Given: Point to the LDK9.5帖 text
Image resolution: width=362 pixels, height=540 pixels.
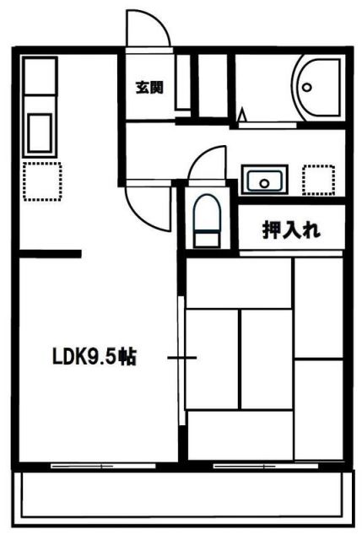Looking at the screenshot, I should tap(92, 357).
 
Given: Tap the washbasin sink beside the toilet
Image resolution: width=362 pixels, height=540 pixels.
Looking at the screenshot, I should tap(265, 180).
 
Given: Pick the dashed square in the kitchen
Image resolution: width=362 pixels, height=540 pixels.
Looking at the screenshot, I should tap(42, 181).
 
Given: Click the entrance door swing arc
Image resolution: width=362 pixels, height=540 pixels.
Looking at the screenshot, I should tap(149, 28).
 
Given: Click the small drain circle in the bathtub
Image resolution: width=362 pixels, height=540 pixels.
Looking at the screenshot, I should tap(307, 85).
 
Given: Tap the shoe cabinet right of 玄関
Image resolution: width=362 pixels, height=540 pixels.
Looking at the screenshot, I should tap(183, 84).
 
